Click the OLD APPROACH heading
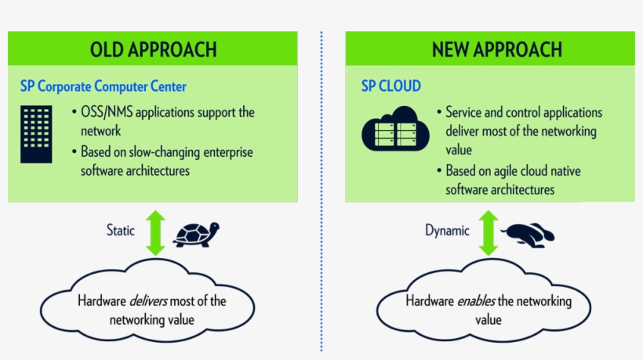(x=153, y=49)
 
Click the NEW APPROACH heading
(x=496, y=49)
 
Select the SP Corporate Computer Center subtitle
(x=103, y=85)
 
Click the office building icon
(x=36, y=133)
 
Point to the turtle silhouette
(x=196, y=233)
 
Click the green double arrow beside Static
(x=155, y=232)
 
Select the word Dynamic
(x=447, y=231)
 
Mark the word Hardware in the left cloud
(x=102, y=300)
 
